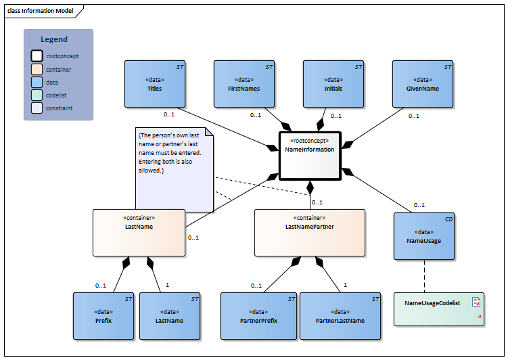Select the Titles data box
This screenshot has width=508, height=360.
tap(154, 84)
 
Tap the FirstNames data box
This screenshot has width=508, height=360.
tap(244, 84)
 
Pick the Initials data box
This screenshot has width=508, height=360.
tap(333, 84)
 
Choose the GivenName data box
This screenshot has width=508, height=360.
tap(423, 84)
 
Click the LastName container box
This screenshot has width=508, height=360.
tap(139, 232)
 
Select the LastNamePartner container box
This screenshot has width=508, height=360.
tap(309, 232)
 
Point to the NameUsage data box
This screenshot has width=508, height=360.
tap(423, 236)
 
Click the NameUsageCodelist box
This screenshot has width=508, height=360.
tap(439, 309)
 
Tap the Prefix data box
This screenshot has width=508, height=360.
tap(103, 315)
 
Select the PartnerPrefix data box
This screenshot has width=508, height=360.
tap(259, 315)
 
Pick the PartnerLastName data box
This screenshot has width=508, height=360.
tap(340, 315)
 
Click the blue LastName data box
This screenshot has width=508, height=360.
tap(170, 315)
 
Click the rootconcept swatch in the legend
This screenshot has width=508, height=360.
tap(36, 56)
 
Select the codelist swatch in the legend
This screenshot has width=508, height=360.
tap(36, 95)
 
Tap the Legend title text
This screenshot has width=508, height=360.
tap(54, 39)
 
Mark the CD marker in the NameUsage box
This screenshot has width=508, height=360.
tap(448, 219)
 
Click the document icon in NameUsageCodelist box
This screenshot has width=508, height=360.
tap(476, 302)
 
